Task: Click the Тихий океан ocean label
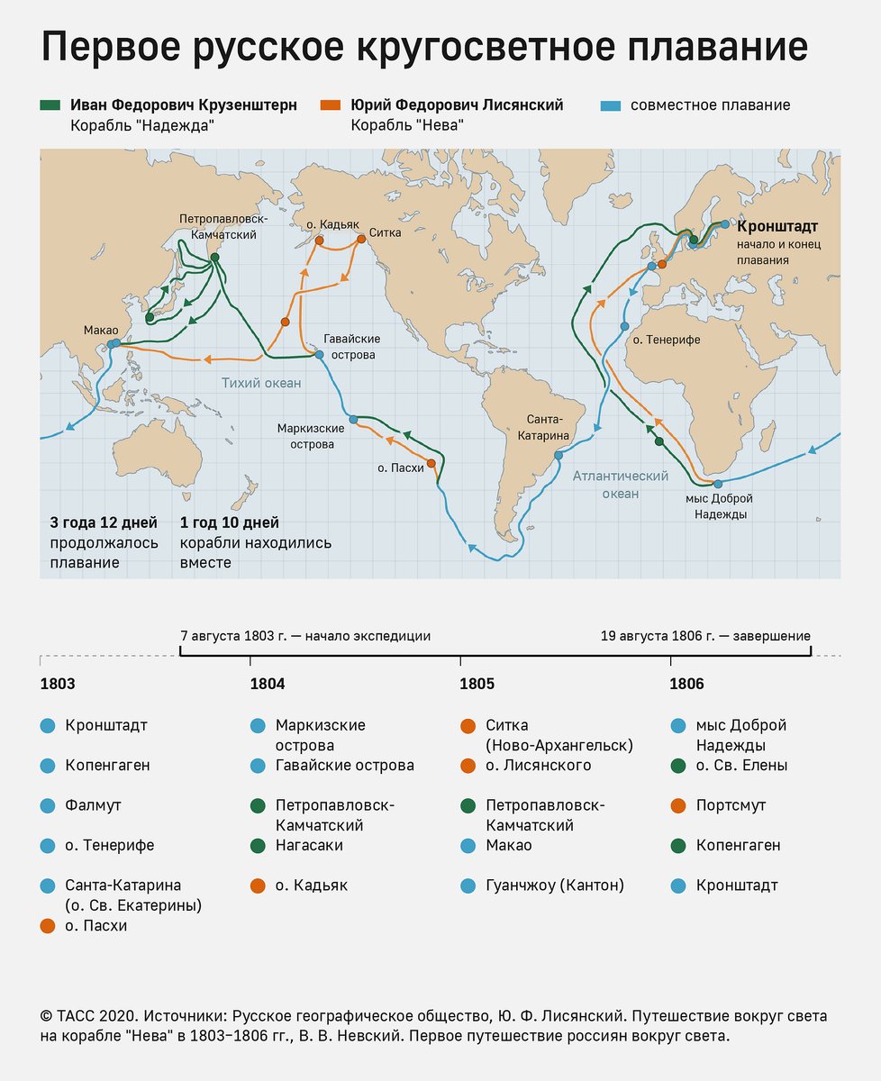261,383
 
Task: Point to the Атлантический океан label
620,485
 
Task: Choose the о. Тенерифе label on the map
666,340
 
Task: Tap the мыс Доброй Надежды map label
719,506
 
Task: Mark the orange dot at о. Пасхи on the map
431,463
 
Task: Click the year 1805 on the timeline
477,684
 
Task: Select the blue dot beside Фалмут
48,804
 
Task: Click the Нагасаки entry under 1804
308,845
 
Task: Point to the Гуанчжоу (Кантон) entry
554,885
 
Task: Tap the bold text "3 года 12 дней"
104,522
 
